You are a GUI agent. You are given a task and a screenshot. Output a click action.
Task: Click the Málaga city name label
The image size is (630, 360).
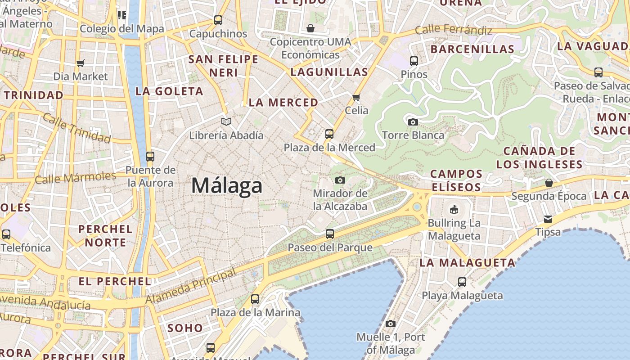tap(227, 185)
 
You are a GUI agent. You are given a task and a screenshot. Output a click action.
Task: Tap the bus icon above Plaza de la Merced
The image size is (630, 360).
tap(329, 134)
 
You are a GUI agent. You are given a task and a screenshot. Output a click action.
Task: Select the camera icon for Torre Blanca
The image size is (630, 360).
tap(413, 122)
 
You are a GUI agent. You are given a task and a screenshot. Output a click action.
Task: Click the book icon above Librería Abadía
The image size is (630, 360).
tap(226, 121)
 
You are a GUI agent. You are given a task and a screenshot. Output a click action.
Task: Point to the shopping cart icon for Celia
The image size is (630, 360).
tap(356, 97)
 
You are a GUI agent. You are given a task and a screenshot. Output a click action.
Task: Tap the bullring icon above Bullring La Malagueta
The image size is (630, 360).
tap(454, 209)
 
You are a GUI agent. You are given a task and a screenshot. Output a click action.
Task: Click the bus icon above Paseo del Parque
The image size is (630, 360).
tap(330, 234)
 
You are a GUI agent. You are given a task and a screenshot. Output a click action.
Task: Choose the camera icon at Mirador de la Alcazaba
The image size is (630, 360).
tap(340, 180)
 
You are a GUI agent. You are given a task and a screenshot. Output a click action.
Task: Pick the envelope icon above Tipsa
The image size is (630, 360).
tap(548, 219)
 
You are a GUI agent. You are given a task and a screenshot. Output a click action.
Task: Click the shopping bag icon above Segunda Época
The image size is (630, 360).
tap(549, 183)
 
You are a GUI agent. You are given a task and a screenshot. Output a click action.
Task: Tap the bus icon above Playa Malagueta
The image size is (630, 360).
tap(462, 282)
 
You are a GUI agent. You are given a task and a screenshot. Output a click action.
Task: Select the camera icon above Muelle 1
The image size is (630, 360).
tap(390, 324)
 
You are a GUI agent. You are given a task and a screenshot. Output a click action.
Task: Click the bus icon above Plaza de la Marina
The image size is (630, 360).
tap(255, 299)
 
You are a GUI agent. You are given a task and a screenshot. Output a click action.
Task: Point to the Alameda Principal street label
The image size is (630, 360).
tap(191, 287)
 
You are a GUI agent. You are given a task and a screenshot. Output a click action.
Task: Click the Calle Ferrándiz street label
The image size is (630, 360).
tap(453, 30)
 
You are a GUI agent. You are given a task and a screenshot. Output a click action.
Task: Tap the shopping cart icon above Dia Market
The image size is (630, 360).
tap(81, 63)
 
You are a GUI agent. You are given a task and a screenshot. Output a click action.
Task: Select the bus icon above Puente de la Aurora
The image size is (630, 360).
tap(150, 156)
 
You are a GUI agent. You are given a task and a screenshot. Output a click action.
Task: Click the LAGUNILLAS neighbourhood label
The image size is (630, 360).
tap(329, 72)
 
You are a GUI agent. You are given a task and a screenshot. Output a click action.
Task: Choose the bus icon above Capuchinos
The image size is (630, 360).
tap(218, 20)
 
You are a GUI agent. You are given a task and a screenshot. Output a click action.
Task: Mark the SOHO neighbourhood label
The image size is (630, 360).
tap(185, 328)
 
